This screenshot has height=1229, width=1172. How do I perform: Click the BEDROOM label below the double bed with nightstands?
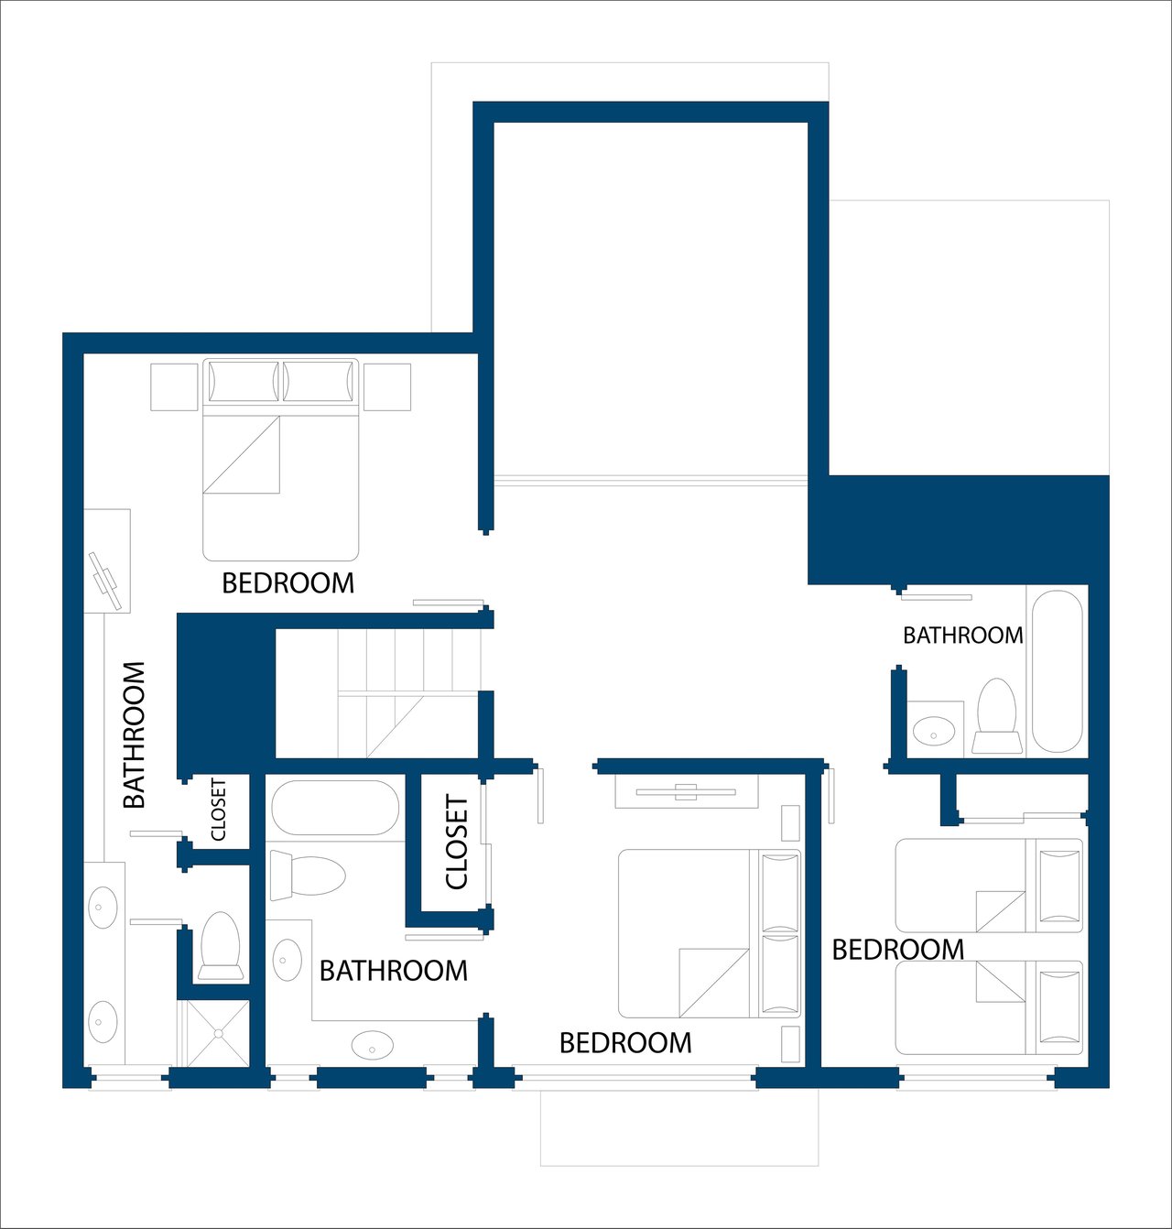[x=288, y=583]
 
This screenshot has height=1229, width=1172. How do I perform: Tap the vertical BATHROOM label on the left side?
[x=135, y=735]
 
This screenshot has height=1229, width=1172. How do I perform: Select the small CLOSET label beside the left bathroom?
[x=218, y=810]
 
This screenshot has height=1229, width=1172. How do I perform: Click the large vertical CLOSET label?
[x=457, y=842]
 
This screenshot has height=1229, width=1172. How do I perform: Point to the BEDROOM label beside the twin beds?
[x=898, y=951]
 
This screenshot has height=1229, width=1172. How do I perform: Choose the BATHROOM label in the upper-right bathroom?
[x=963, y=636]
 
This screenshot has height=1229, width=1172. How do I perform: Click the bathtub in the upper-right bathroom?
[x=1058, y=670]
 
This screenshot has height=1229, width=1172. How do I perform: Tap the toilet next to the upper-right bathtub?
[x=997, y=716]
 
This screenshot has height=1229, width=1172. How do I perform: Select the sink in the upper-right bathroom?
[x=934, y=729]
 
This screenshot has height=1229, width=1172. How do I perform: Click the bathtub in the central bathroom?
[x=335, y=808]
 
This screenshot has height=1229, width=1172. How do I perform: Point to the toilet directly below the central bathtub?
[x=308, y=876]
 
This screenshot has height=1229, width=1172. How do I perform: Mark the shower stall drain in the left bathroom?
[x=219, y=1033]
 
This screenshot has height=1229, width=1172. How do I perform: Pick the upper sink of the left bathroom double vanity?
[x=103, y=907]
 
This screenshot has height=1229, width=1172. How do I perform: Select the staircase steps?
[x=409, y=693]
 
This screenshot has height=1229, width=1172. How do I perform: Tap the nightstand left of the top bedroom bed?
[x=174, y=387]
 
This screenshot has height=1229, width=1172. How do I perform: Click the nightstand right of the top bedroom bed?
[x=387, y=387]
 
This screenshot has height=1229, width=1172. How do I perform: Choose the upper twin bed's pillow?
[x=1059, y=886]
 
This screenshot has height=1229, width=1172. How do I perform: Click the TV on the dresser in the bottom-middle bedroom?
[x=686, y=792]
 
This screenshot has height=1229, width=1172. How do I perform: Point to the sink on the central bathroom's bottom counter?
[x=373, y=1045]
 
